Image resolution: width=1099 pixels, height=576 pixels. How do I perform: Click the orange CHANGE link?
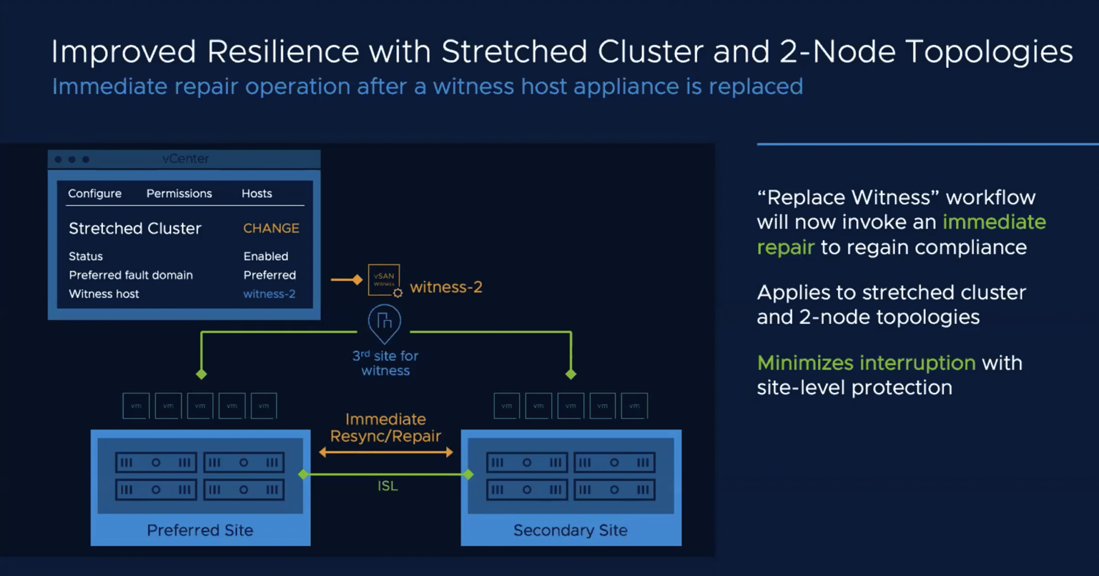pyautogui.click(x=271, y=228)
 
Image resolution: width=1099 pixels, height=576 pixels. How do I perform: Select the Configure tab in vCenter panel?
pyautogui.click(x=95, y=194)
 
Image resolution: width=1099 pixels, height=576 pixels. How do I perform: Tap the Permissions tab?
pyautogui.click(x=179, y=194)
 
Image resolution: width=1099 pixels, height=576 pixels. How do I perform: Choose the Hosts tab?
pyautogui.click(x=257, y=194)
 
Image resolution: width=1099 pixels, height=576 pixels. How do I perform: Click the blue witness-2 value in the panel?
pyautogui.click(x=269, y=294)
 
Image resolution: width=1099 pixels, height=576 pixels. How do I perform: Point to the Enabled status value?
pyautogui.click(x=266, y=256)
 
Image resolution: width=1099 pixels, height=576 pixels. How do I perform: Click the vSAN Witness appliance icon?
pyautogui.click(x=384, y=280)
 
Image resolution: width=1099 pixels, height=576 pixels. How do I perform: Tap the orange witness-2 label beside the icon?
pyautogui.click(x=446, y=287)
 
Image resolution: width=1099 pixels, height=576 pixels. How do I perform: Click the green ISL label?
pyautogui.click(x=388, y=486)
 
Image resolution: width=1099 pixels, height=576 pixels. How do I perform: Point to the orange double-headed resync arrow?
pyautogui.click(x=386, y=452)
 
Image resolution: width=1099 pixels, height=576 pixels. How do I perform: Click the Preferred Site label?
pyautogui.click(x=200, y=530)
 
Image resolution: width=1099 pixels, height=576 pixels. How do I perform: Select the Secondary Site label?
pyautogui.click(x=571, y=530)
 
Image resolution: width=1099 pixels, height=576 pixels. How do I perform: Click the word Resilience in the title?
pyautogui.click(x=283, y=52)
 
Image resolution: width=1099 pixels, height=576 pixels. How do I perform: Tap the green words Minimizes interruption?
pyautogui.click(x=866, y=363)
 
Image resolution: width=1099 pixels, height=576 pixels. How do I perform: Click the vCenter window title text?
pyautogui.click(x=185, y=159)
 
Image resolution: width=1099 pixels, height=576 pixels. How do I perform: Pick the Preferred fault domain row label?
pyautogui.click(x=131, y=275)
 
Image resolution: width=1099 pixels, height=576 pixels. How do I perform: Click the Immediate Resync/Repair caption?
pyautogui.click(x=386, y=427)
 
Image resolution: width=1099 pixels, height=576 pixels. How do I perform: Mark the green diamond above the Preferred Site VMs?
pyautogui.click(x=201, y=374)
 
